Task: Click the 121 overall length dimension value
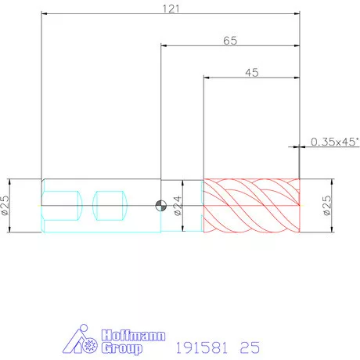point(171,9)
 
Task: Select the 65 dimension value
point(230,41)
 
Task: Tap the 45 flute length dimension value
point(252,73)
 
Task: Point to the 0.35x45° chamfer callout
point(335,142)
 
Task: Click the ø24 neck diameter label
point(178,206)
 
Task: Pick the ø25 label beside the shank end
point(5,205)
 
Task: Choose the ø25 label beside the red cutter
point(326,205)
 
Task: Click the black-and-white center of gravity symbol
point(161,206)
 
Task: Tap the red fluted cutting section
point(251,206)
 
